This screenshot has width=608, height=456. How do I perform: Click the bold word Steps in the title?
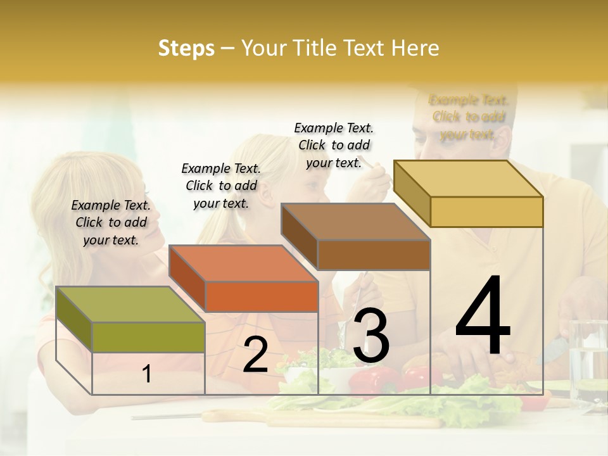(186, 48)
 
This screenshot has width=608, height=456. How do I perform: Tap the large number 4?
(483, 316)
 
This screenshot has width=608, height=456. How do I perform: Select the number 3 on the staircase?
(371, 335)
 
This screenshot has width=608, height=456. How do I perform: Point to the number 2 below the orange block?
(255, 355)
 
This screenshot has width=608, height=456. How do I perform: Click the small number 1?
(147, 374)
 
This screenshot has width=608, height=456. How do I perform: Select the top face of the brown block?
(355, 222)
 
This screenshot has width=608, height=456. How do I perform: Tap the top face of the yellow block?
(468, 179)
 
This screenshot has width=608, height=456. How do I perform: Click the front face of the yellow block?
(486, 212)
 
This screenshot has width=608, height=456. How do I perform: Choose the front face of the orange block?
(262, 296)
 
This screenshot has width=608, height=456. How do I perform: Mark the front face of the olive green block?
(148, 337)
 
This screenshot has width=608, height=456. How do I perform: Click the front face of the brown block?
(374, 255)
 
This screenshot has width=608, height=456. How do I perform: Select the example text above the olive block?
(111, 222)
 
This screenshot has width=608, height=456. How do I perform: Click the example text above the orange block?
(221, 186)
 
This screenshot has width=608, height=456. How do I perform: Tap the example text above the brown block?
(334, 145)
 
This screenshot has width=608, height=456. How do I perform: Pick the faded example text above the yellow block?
(469, 117)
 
